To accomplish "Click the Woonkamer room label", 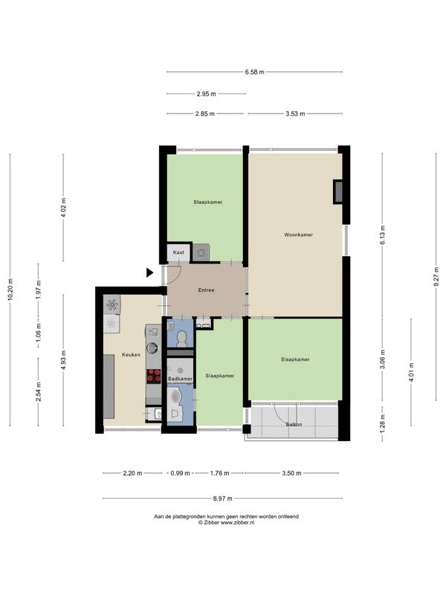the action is click(299, 235).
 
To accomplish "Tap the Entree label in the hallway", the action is click(206, 290).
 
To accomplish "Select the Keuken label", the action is click(132, 355).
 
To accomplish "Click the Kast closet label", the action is click(178, 252).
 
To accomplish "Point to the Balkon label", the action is click(294, 425).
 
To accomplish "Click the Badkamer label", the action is click(181, 379).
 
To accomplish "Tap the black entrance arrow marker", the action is click(150, 272).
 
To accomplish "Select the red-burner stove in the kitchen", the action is click(154, 376).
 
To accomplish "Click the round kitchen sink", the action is click(152, 347).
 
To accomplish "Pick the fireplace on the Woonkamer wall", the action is click(338, 192).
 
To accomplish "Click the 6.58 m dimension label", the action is click(254, 72).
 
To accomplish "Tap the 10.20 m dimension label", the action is click(10, 290).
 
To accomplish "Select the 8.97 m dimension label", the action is click(222, 498).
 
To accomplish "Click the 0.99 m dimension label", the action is click(180, 473).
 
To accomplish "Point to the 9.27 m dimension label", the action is click(436, 277).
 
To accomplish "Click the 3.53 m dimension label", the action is click(295, 114).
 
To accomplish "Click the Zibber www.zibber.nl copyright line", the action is click(226, 523).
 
